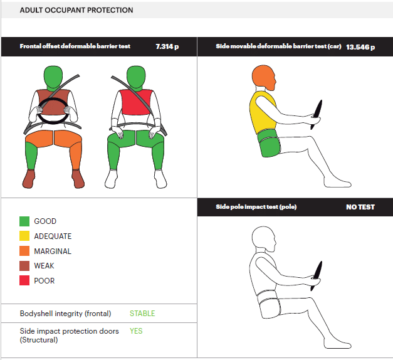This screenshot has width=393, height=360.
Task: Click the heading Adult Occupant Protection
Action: click(x=76, y=10)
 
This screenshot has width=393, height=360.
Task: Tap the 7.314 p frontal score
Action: click(x=167, y=46)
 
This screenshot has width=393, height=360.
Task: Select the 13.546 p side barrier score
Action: click(x=360, y=47)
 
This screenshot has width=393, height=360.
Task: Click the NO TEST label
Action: click(x=360, y=207)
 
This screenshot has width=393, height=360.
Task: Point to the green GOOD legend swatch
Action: click(x=24, y=221)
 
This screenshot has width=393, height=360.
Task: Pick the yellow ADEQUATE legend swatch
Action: click(x=24, y=236)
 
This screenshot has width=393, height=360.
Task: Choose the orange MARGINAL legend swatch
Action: click(x=24, y=251)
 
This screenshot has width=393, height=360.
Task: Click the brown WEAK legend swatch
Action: click(x=24, y=266)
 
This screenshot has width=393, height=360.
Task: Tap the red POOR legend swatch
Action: click(x=24, y=280)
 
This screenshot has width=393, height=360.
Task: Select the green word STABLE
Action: click(x=142, y=314)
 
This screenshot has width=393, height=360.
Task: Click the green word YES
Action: click(x=136, y=331)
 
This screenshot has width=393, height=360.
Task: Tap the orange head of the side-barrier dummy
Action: click(x=263, y=78)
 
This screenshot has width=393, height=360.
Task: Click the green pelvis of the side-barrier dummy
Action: click(x=270, y=144)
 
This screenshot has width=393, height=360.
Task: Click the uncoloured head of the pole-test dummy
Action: click(x=263, y=239)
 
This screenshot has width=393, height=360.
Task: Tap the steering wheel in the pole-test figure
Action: click(x=317, y=276)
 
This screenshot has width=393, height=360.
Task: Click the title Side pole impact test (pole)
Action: click(x=256, y=207)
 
